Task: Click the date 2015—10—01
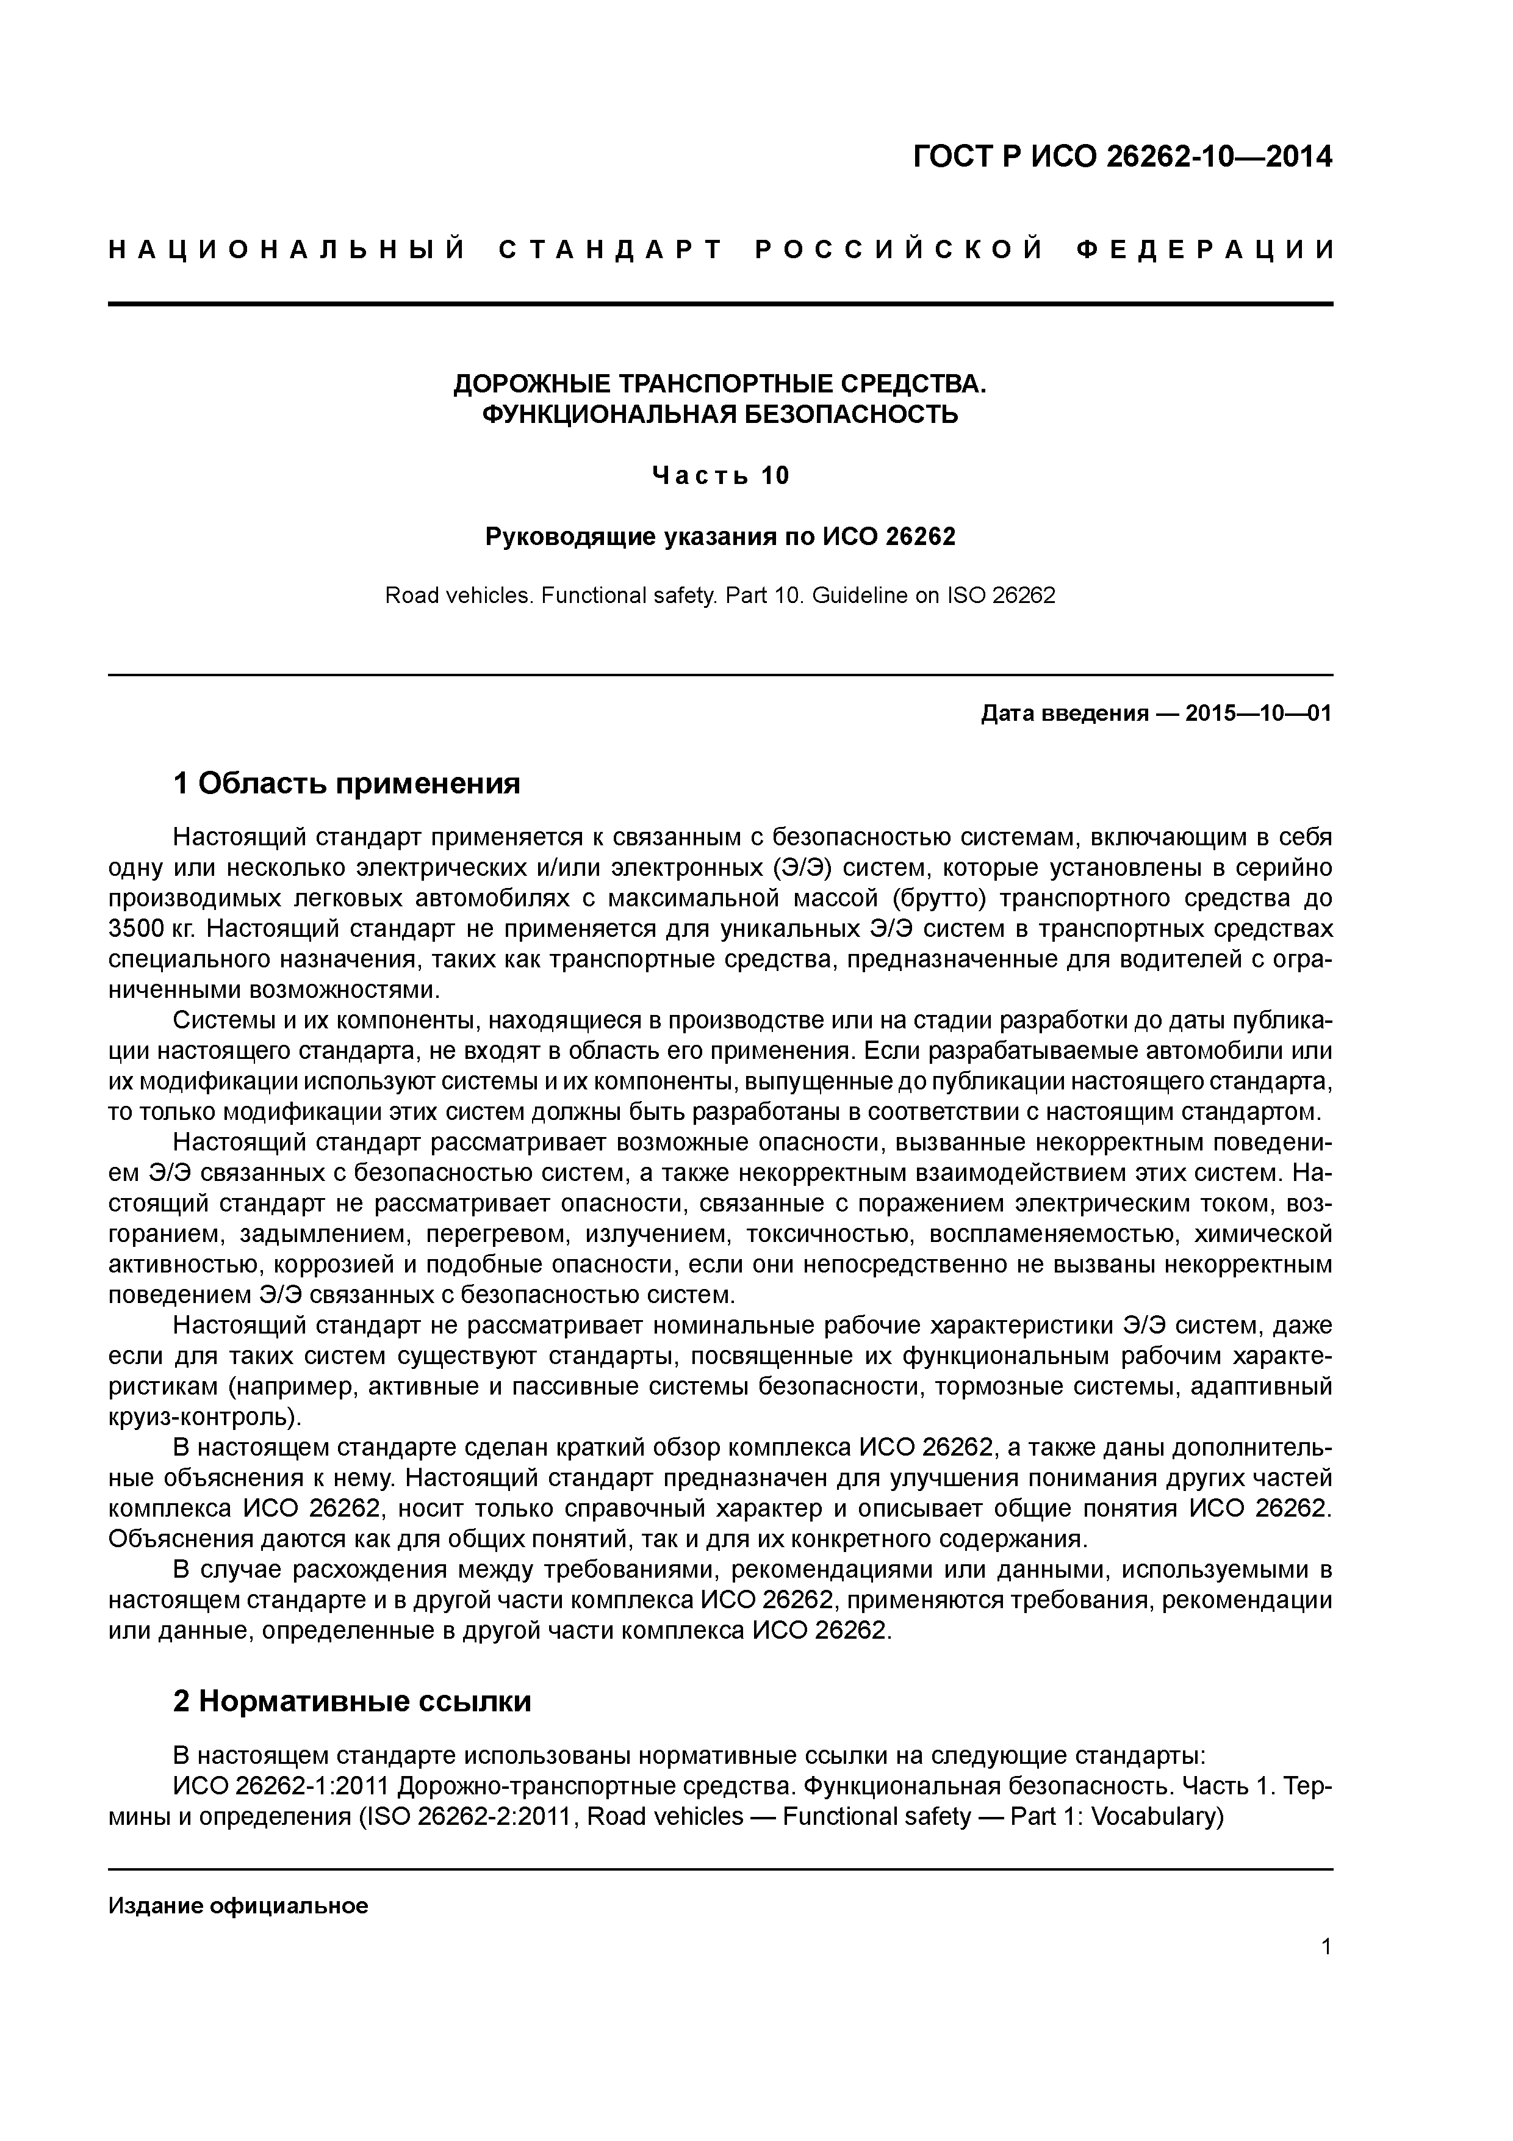[x=1257, y=714]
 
